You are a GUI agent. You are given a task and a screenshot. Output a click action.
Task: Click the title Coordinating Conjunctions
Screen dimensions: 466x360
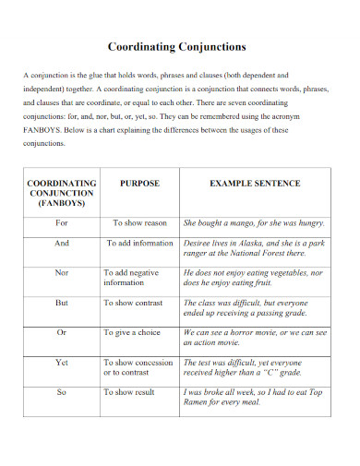178,45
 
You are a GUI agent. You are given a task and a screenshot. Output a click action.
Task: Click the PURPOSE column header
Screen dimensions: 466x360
139,184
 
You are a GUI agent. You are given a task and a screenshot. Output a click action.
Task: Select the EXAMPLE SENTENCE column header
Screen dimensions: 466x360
254,184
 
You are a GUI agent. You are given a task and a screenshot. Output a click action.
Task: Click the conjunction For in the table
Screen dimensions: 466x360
62,223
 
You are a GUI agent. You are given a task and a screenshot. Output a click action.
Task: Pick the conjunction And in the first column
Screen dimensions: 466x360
62,244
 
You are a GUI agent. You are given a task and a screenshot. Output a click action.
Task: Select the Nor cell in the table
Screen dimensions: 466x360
62,273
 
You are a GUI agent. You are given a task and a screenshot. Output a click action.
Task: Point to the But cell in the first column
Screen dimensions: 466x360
62,302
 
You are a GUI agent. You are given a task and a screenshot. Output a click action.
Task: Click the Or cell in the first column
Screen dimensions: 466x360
62,332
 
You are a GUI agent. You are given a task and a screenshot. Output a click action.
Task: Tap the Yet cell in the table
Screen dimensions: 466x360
62,363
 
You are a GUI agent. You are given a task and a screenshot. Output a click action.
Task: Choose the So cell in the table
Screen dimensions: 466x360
62,392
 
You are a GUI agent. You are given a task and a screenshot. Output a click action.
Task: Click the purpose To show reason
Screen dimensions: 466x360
139,223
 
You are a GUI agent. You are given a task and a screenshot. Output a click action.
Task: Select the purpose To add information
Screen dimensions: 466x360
139,244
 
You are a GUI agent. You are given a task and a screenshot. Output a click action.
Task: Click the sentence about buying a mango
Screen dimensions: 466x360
254,223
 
